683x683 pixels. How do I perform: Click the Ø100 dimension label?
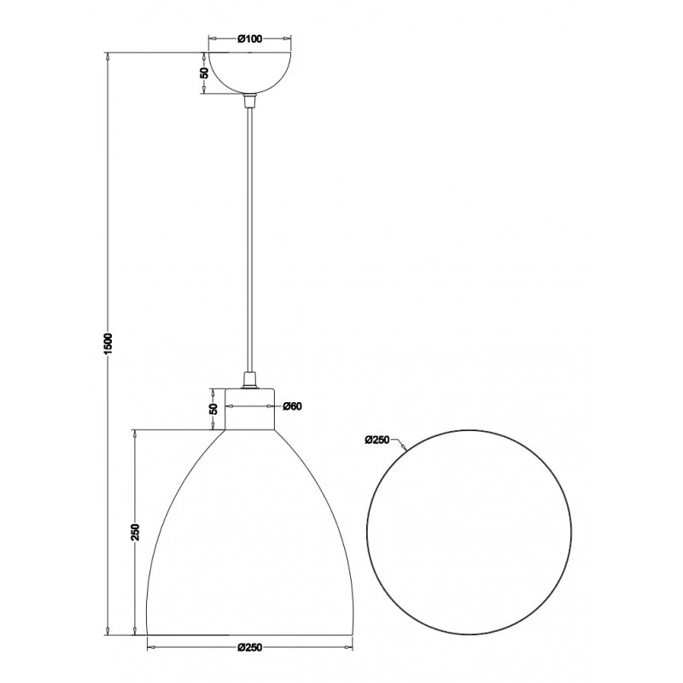coord(248,39)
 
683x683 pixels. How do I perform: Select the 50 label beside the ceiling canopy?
coord(204,73)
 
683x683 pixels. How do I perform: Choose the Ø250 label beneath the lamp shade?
coord(248,646)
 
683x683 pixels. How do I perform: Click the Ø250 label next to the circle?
coord(377,441)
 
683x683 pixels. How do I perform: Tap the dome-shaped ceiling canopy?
coord(250,73)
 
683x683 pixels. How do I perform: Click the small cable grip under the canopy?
coord(250,100)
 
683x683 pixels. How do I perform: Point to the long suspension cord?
coord(250,239)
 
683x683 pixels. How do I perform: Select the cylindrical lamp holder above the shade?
coord(250,407)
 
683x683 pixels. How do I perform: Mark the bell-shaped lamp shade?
coord(250,546)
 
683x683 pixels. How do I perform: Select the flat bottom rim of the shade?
coord(250,634)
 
